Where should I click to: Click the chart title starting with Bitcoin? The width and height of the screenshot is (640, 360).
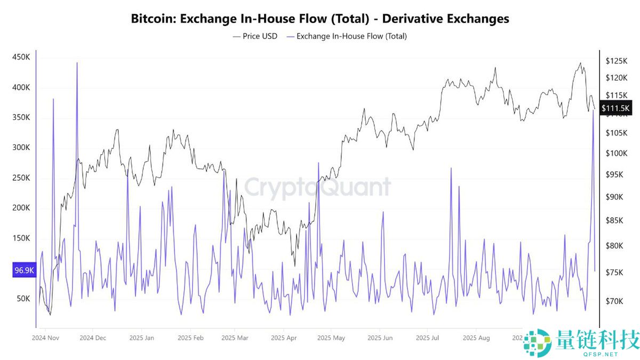(320, 19)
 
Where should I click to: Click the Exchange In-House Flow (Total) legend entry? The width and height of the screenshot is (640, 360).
(347, 36)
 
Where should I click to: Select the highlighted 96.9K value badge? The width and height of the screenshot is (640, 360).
(24, 270)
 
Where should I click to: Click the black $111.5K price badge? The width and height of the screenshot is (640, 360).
(615, 108)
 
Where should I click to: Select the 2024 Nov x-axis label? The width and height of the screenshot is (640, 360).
(45, 338)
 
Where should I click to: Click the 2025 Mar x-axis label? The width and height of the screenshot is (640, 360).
(235, 338)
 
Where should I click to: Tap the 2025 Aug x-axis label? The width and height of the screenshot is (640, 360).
(476, 338)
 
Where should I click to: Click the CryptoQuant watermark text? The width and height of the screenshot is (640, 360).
(318, 188)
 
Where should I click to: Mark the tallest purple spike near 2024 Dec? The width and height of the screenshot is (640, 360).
(77, 63)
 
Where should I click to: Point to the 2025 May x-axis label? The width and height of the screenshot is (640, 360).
(331, 338)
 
